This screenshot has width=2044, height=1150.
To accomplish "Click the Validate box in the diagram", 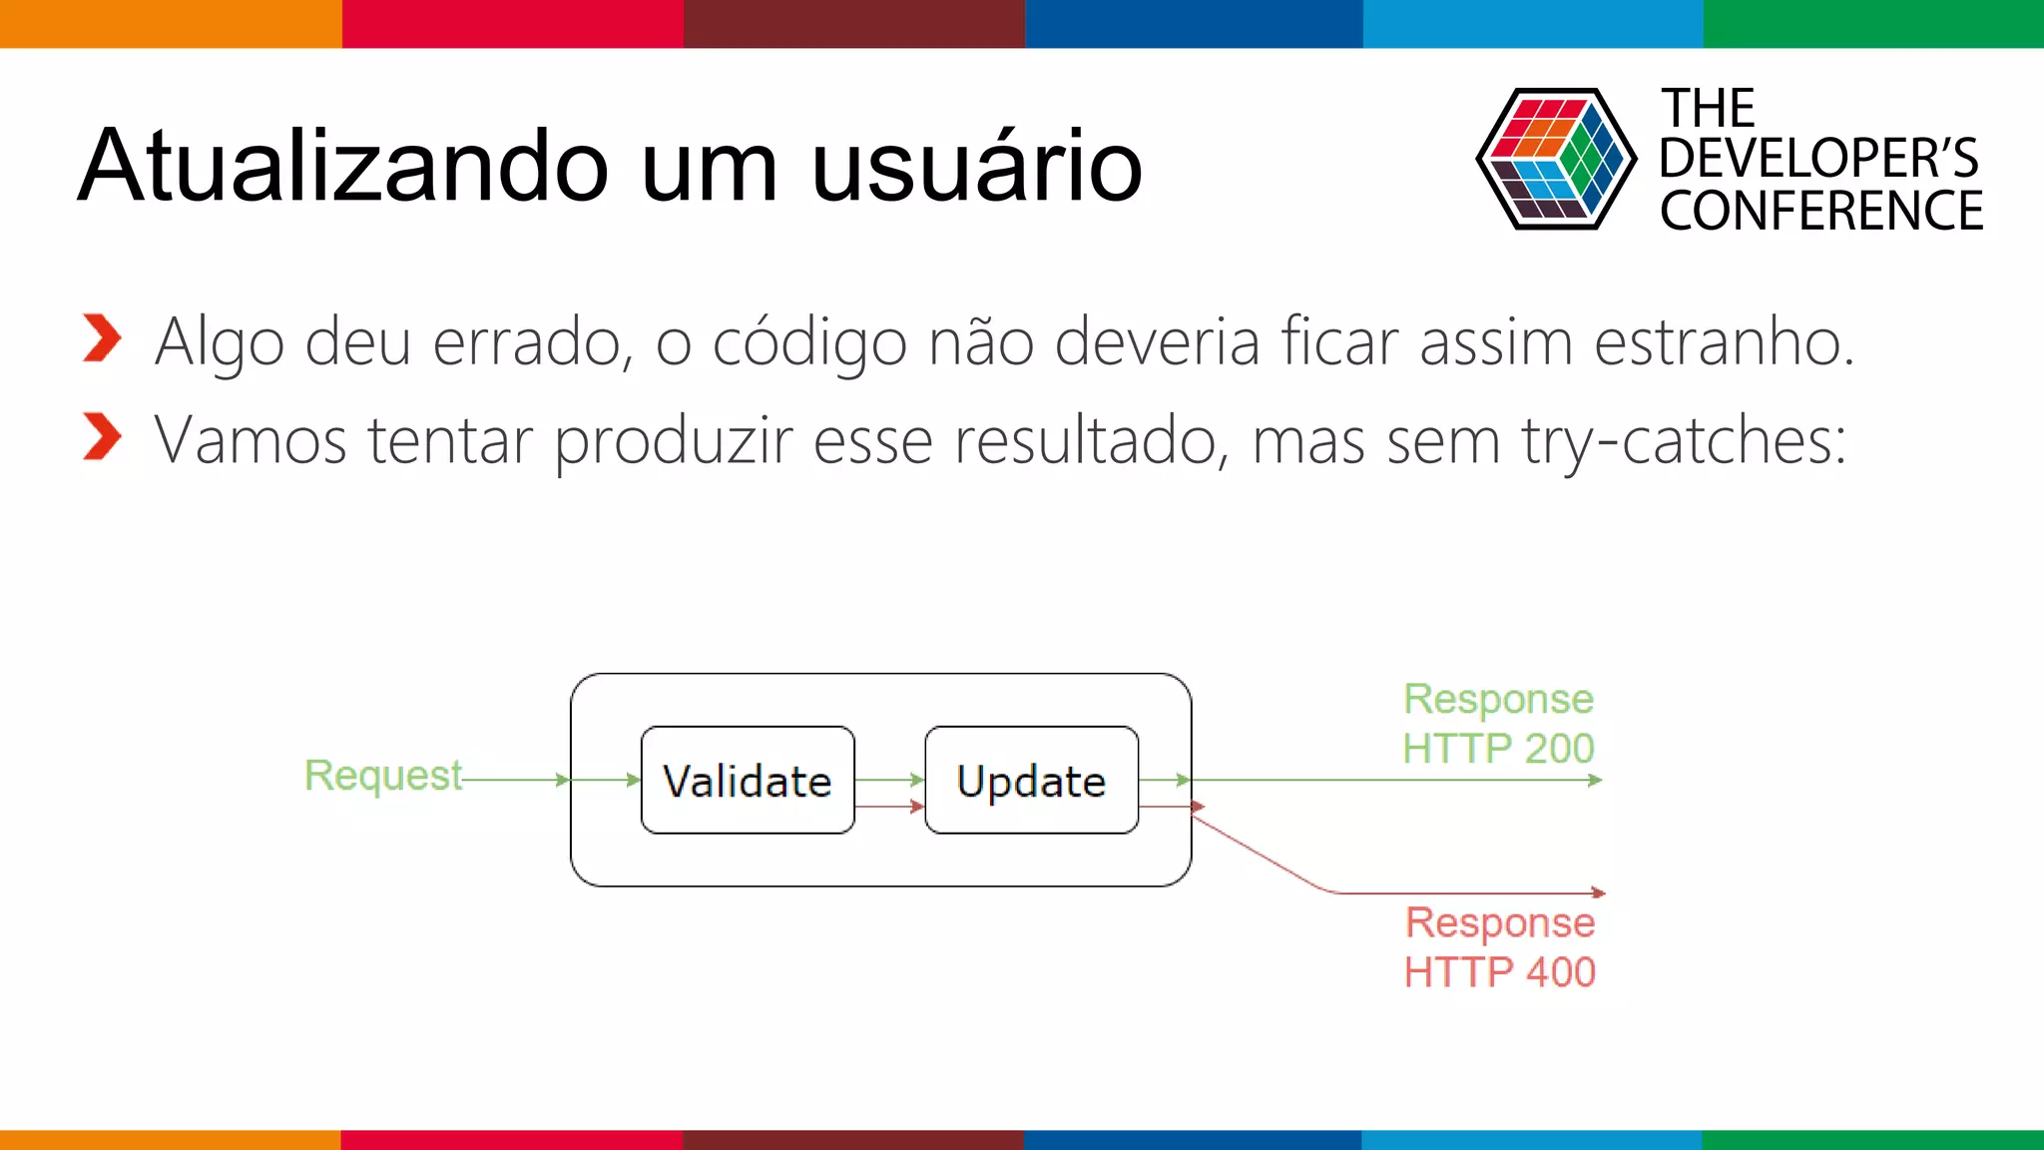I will click(x=748, y=780).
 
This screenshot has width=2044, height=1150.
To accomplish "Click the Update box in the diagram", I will click(x=1031, y=780).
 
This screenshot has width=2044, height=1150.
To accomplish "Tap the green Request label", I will click(x=382, y=776).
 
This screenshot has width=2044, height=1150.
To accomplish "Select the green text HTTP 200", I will click(x=1498, y=749).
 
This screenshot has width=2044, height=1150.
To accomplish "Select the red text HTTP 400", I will click(x=1499, y=972).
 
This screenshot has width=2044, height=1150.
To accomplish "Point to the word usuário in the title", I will click(x=976, y=166).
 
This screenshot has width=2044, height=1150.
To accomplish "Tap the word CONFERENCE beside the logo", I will click(x=1821, y=212).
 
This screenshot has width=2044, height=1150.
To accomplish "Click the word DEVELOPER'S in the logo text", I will click(x=1818, y=159).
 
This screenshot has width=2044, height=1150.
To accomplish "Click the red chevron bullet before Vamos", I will click(x=102, y=436).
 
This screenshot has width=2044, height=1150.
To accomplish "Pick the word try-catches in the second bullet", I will click(x=1684, y=440).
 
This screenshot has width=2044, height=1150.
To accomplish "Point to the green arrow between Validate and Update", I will click(x=889, y=780).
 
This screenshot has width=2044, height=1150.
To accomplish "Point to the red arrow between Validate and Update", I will click(x=889, y=807).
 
